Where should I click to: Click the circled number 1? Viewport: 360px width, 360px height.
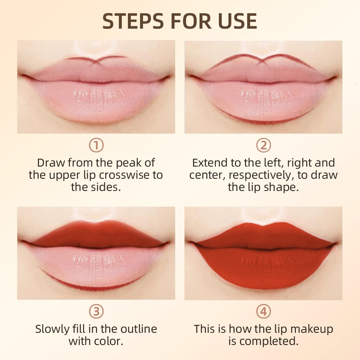96,145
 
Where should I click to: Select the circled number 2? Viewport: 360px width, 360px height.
263,145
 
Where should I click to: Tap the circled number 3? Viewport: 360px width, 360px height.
96,312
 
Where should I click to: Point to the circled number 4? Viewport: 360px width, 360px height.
263,312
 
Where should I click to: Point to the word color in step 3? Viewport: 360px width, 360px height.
109,341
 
